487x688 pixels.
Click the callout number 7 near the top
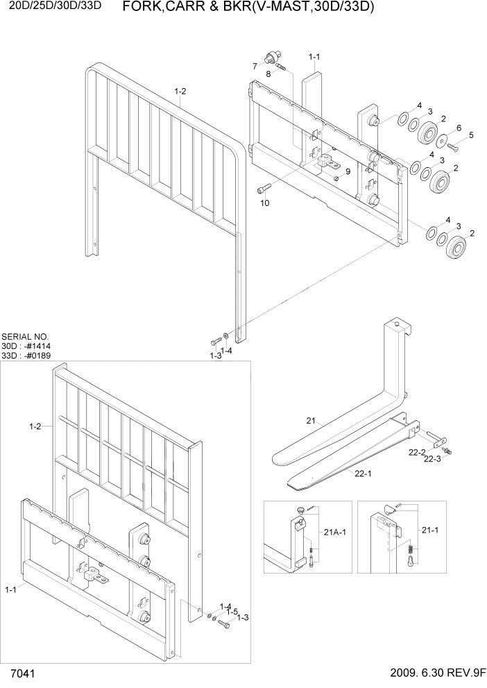pyautogui.click(x=255, y=66)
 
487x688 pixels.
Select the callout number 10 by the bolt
pyautogui.click(x=264, y=203)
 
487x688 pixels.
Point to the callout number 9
pyautogui.click(x=347, y=171)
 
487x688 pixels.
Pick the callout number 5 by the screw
pyautogui.click(x=471, y=135)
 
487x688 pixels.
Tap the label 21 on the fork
pyautogui.click(x=311, y=420)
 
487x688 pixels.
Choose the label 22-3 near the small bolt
pyautogui.click(x=432, y=458)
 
